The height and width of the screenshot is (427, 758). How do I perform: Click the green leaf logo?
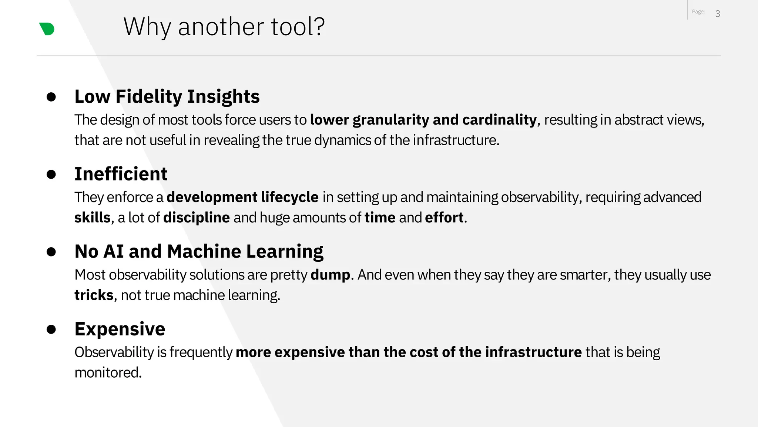[47, 29]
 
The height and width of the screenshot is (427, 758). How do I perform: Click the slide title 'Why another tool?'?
[224, 27]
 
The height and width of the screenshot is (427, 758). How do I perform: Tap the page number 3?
[718, 14]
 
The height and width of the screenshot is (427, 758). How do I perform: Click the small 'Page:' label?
[698, 12]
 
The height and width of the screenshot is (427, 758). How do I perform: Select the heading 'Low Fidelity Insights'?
[167, 96]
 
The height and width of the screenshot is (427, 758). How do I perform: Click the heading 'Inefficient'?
[121, 174]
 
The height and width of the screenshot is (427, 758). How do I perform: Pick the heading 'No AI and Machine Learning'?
[199, 251]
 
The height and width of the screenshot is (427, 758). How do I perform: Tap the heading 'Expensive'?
[120, 329]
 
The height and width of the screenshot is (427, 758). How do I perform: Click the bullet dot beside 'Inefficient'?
[51, 174]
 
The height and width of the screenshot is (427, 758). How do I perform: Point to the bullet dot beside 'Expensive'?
[51, 329]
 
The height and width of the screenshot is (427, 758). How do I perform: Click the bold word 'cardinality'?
[499, 120]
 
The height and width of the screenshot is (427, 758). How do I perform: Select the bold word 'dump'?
[330, 275]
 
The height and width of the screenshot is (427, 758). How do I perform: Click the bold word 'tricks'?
[94, 295]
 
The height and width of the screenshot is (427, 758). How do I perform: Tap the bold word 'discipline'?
[197, 218]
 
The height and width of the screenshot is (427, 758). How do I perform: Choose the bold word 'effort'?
[444, 218]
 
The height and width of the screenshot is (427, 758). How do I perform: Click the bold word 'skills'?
[92, 218]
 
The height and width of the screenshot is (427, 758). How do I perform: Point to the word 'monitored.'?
[108, 373]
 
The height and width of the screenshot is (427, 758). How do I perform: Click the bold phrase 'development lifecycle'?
[242, 197]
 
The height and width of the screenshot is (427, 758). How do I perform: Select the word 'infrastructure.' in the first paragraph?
[456, 140]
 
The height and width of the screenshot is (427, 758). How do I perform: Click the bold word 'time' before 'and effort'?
[380, 218]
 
